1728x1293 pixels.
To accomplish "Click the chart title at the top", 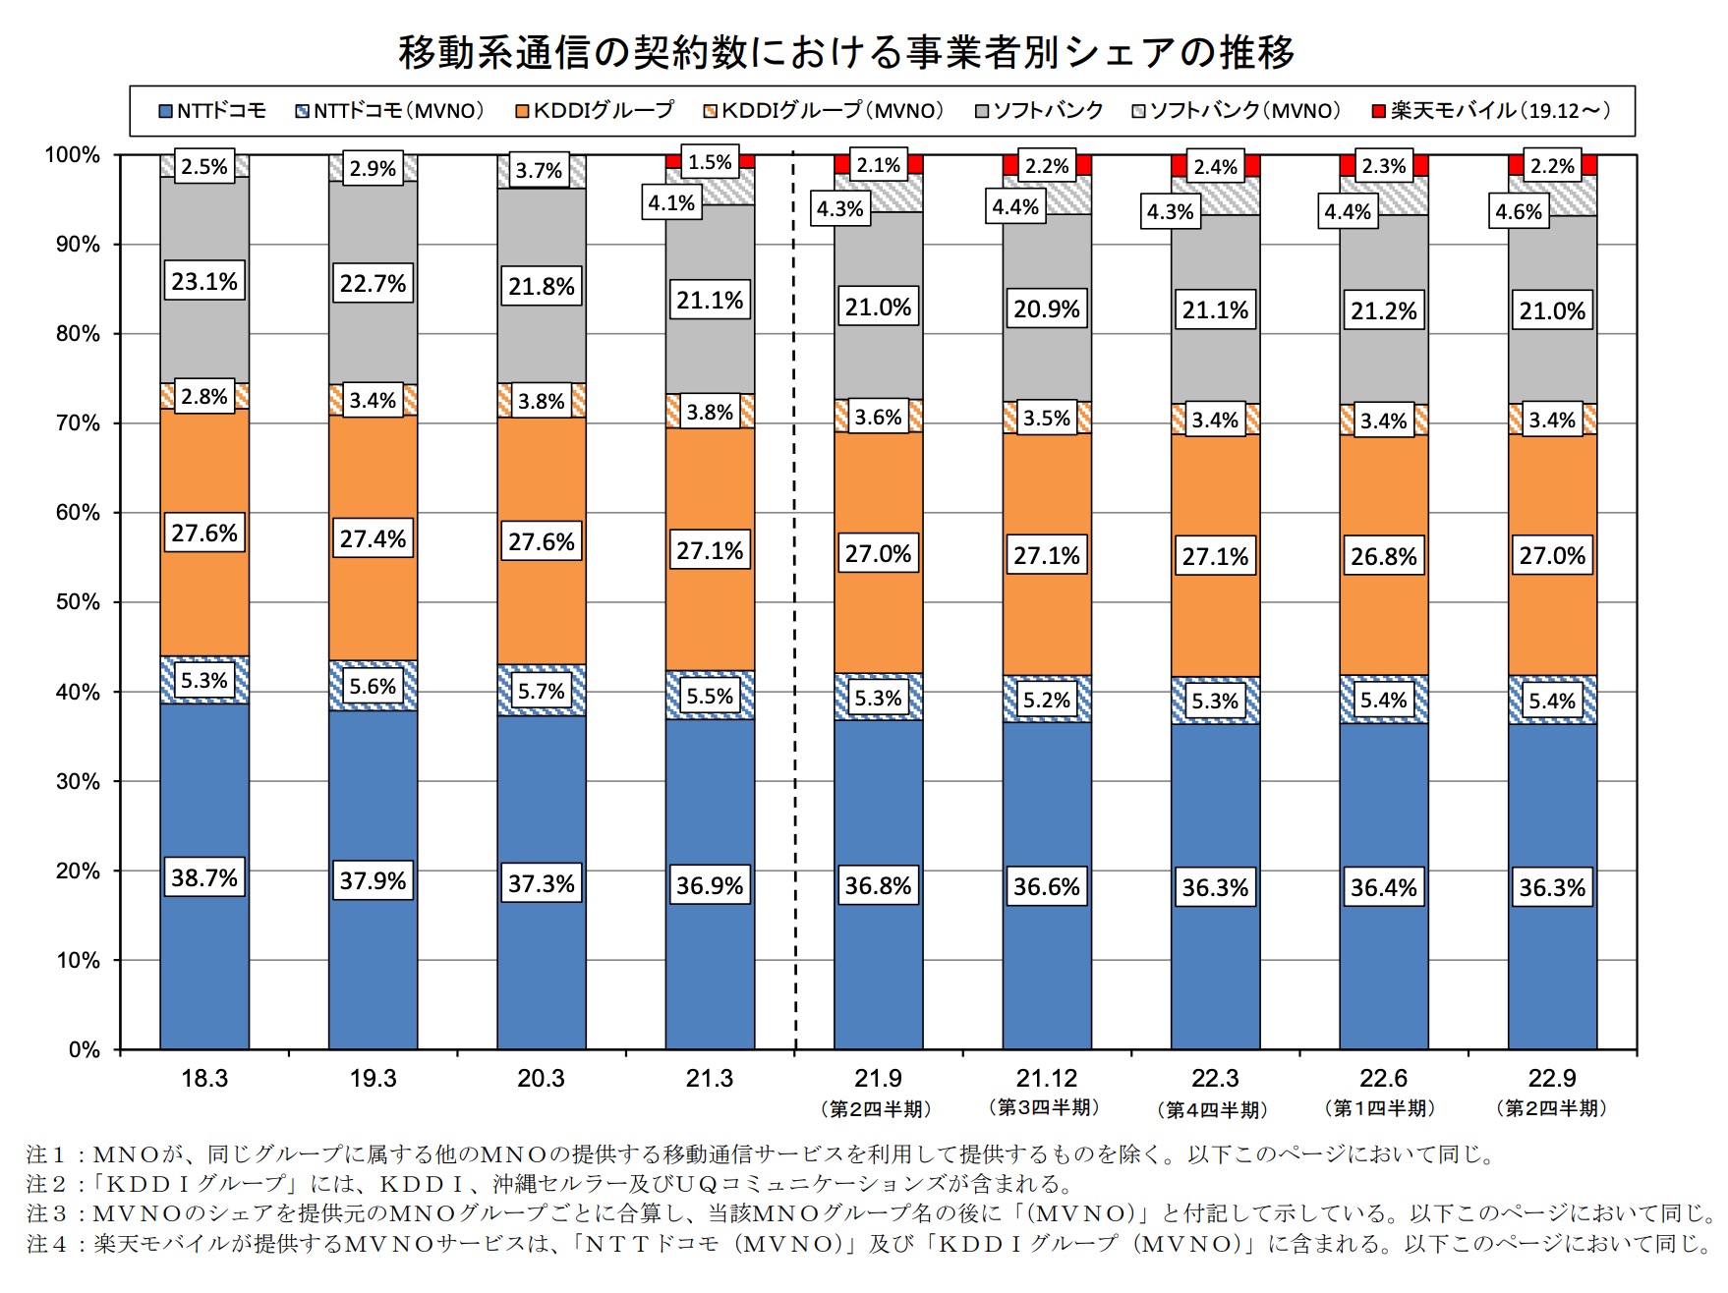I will (846, 52).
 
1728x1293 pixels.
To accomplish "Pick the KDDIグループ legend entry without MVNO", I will (595, 110).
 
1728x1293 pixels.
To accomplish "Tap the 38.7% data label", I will (204, 877).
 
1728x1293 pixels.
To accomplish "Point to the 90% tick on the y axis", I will (78, 245).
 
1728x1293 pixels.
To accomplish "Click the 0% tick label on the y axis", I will (85, 1049).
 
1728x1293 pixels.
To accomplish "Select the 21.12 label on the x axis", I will (1046, 1079).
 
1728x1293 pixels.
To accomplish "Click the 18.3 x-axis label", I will (204, 1079).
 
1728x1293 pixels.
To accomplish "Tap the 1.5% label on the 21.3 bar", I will (710, 162).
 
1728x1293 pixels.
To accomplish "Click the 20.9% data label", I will (1046, 309).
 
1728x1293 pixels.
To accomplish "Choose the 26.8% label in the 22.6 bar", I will (1383, 557).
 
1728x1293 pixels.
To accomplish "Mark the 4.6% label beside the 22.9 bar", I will (1519, 211).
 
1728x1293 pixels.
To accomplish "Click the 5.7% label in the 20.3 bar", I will (542, 692).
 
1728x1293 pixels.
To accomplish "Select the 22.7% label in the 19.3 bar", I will (373, 284).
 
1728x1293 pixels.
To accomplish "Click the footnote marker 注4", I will (47, 1243).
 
